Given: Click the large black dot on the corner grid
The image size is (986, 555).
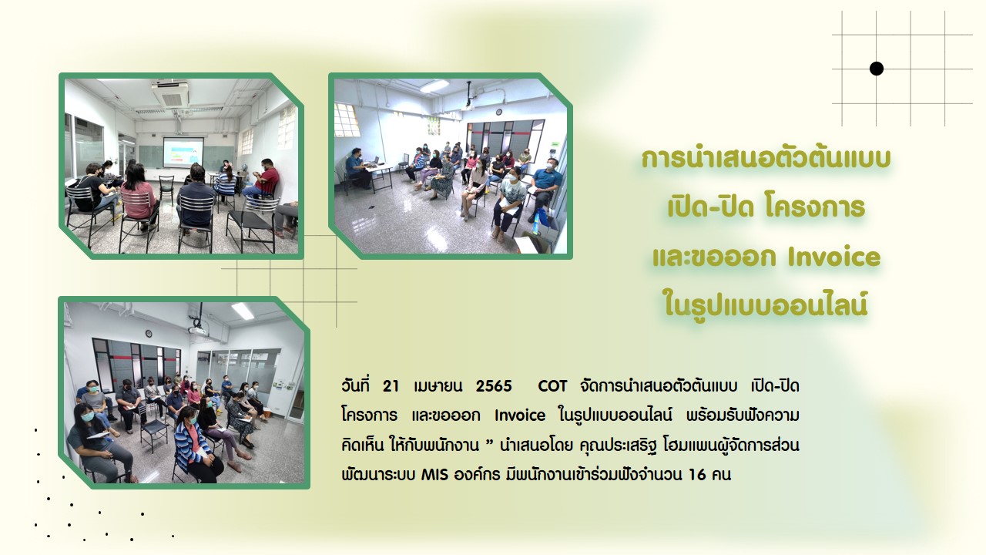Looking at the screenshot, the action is [877, 69].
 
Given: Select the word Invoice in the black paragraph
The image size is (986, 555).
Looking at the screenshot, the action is [520, 415].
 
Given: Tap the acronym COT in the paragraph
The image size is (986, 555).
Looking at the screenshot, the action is [552, 386].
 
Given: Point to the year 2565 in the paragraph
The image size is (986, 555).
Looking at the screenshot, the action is [494, 386].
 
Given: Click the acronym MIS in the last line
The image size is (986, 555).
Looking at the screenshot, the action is [434, 475].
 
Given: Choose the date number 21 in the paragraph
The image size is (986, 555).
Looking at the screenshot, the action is [391, 386].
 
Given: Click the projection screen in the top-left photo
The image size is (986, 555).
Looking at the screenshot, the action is [183, 152].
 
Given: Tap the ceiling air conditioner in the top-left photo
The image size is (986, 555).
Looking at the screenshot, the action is [170, 93].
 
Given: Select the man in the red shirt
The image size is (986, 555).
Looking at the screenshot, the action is [263, 180].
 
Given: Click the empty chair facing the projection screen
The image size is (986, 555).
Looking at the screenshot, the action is [166, 190].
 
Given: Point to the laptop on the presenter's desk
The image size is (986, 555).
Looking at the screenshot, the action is [374, 161].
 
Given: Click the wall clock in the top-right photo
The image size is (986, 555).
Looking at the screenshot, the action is [498, 112].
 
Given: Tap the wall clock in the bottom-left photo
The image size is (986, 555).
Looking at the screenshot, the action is [149, 334].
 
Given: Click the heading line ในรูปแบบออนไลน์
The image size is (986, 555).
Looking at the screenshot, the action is [766, 304].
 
